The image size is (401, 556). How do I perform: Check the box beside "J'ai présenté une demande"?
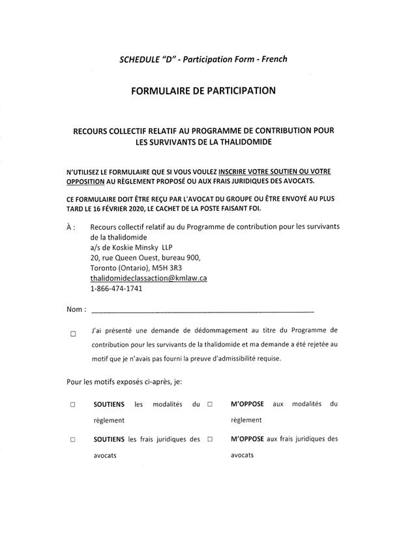point(73,335)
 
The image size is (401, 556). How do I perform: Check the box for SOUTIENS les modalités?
point(73,404)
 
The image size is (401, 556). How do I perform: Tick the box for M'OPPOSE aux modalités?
point(211,404)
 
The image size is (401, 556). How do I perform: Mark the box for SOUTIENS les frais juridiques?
point(73,439)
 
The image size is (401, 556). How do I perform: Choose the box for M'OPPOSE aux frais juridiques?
point(211,439)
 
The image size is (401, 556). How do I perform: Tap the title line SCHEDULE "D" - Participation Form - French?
point(203,59)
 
